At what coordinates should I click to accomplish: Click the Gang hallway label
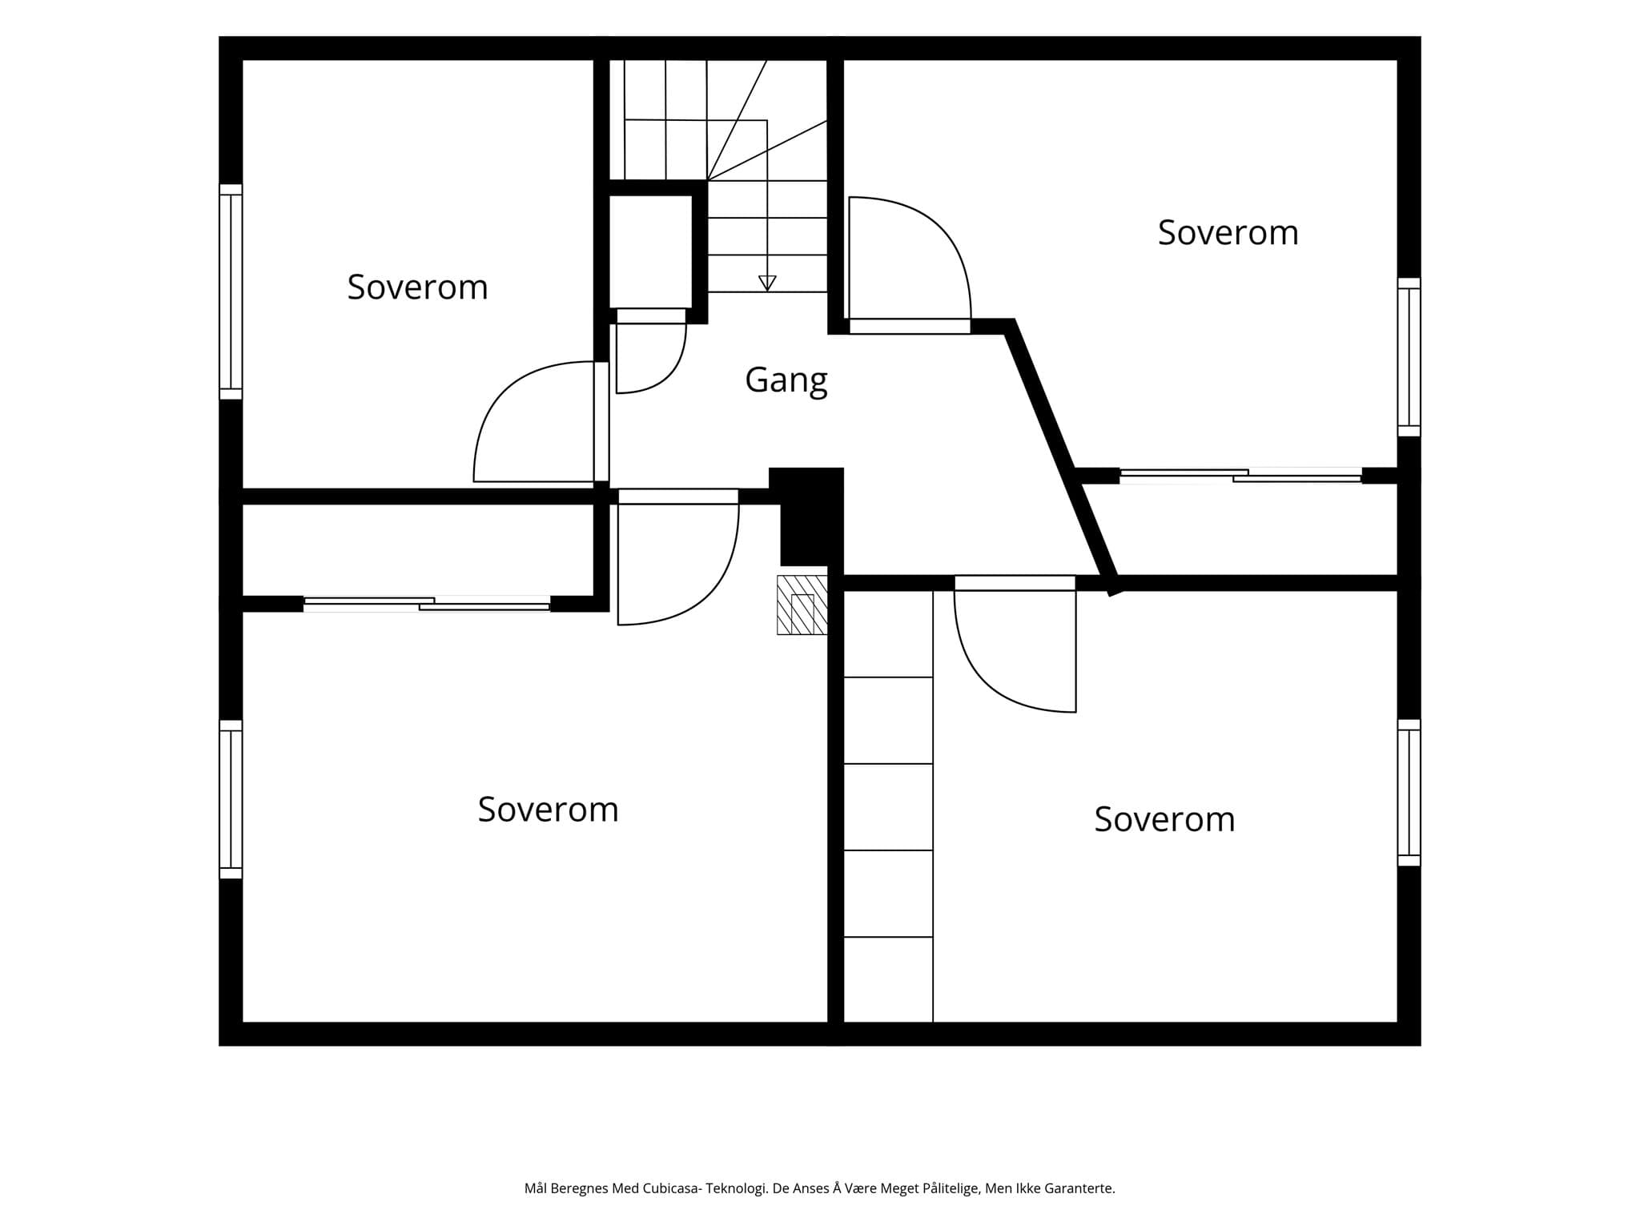point(786,380)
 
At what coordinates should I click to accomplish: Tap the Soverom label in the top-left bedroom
point(417,287)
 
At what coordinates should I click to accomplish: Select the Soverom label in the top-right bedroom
point(1228,233)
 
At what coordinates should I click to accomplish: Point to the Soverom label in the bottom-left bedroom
point(548,810)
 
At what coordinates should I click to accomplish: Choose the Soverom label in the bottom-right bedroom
point(1164,819)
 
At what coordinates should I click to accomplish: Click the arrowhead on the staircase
point(767,283)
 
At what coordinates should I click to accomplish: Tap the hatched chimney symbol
point(802,605)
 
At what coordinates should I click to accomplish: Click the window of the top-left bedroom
point(231,291)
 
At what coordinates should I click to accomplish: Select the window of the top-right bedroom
point(1409,357)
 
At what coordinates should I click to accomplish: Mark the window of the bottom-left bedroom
point(231,799)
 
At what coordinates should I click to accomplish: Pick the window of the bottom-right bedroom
point(1409,793)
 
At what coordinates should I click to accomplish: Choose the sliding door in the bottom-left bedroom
point(427,604)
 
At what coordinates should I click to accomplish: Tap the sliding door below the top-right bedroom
point(1240,476)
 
